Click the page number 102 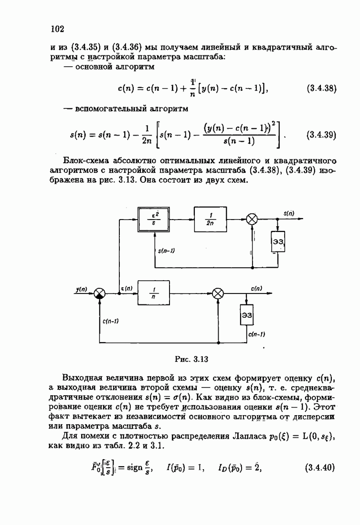point(57,29)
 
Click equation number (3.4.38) point(320,88)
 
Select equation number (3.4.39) point(320,134)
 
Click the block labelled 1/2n point(211,220)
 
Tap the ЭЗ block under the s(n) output point(278,242)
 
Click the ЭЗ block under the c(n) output point(246,315)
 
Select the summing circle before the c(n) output point(218,293)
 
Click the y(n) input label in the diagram point(82,288)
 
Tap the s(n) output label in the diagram point(288,214)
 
